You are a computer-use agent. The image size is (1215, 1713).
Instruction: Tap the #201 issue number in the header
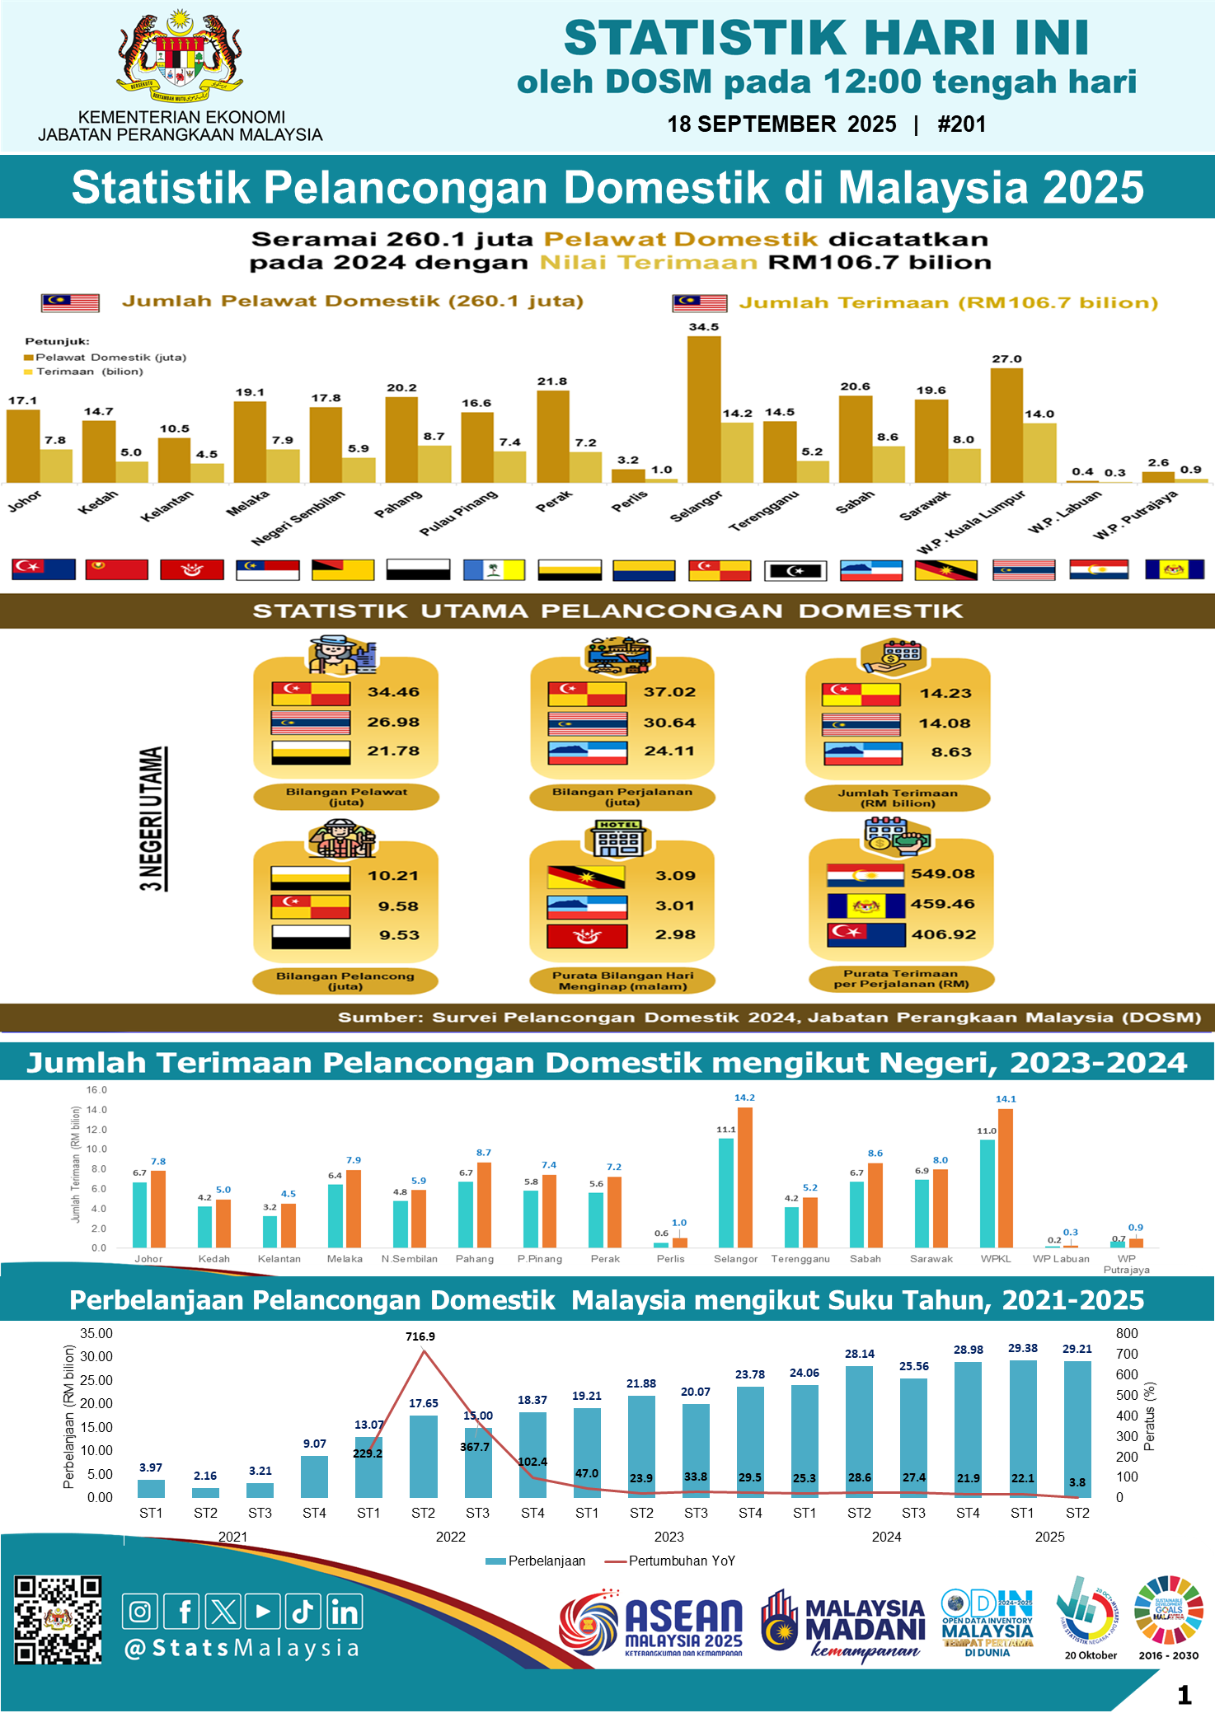point(961,124)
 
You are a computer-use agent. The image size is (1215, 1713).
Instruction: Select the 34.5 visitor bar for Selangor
point(704,409)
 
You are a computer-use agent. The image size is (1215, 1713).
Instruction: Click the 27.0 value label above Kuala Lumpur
point(1006,359)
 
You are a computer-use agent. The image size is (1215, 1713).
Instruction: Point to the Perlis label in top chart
point(630,501)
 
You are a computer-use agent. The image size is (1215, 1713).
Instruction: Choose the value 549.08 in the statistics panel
point(943,873)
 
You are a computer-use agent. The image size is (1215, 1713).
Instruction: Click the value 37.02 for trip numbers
point(669,692)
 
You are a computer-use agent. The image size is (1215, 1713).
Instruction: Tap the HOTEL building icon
point(618,839)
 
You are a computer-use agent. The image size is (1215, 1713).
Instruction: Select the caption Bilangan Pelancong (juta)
point(345,981)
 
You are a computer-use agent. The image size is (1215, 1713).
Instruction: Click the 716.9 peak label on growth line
point(420,1336)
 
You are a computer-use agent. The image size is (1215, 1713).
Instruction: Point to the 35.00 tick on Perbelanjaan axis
point(96,1333)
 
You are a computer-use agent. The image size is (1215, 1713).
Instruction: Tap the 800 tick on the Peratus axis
point(1127,1333)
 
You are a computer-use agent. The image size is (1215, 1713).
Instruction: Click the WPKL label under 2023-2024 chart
point(996,1259)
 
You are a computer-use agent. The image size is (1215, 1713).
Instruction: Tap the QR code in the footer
point(58,1620)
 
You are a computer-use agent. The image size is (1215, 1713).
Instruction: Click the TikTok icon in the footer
point(303,1612)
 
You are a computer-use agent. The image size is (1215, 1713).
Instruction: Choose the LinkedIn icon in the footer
point(345,1612)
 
